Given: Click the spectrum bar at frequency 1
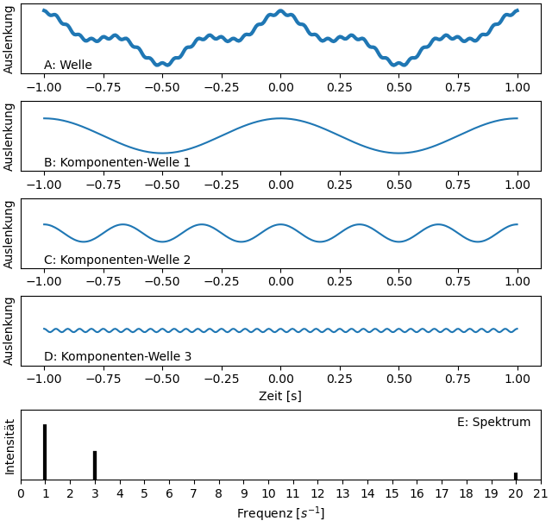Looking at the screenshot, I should (45, 451).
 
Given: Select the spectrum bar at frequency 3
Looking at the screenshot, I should (95, 465).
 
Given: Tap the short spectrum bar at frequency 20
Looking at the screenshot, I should (516, 475).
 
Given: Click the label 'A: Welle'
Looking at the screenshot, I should (68, 65).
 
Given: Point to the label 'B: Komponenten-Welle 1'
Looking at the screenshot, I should (117, 162).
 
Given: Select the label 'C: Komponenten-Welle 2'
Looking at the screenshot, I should (117, 260).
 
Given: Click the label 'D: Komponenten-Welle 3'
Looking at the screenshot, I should (117, 356).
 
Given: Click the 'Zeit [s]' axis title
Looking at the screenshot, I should (280, 396).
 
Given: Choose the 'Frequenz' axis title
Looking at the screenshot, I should (280, 513).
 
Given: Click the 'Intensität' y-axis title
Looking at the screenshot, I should (10, 446).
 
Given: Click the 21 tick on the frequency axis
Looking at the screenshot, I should (541, 493).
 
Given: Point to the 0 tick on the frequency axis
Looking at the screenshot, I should (22, 493).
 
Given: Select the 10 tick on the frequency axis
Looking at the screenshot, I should (268, 493).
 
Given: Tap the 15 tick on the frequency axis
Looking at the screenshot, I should (392, 493).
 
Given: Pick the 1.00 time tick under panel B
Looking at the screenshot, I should (517, 185).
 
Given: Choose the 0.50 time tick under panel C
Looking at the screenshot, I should (398, 282).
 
